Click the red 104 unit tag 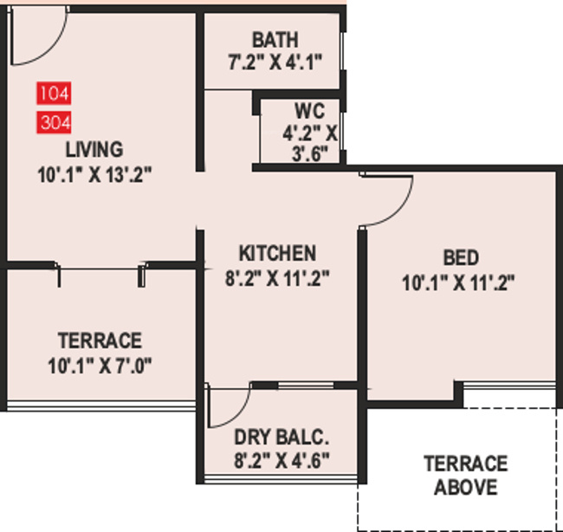coord(54,92)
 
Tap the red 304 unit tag coord(54,121)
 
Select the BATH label coord(275,40)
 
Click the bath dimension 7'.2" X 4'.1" coord(275,62)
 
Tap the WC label coord(310,112)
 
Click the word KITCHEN coord(277,253)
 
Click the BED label coord(459,258)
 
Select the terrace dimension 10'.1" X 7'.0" coord(100,365)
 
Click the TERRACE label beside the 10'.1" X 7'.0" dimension coord(100,340)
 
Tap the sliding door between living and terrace coord(102,271)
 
